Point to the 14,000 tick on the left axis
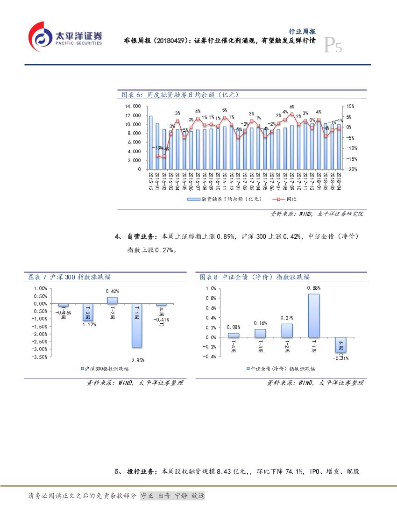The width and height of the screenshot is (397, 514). tap(133, 107)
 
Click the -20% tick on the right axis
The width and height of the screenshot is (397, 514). tap(352, 169)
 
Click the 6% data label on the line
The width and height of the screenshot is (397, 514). tap(292, 107)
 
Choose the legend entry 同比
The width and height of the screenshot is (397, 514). tap(286, 199)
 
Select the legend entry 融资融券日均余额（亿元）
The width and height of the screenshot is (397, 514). tap(225, 199)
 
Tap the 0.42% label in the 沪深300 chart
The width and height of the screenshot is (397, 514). tap(112, 291)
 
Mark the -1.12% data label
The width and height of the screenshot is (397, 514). tap(88, 324)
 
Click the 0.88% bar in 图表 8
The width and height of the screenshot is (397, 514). tap(314, 315)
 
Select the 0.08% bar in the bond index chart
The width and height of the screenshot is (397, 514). tap(234, 335)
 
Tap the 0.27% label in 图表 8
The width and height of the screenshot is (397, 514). tap(287, 318)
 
